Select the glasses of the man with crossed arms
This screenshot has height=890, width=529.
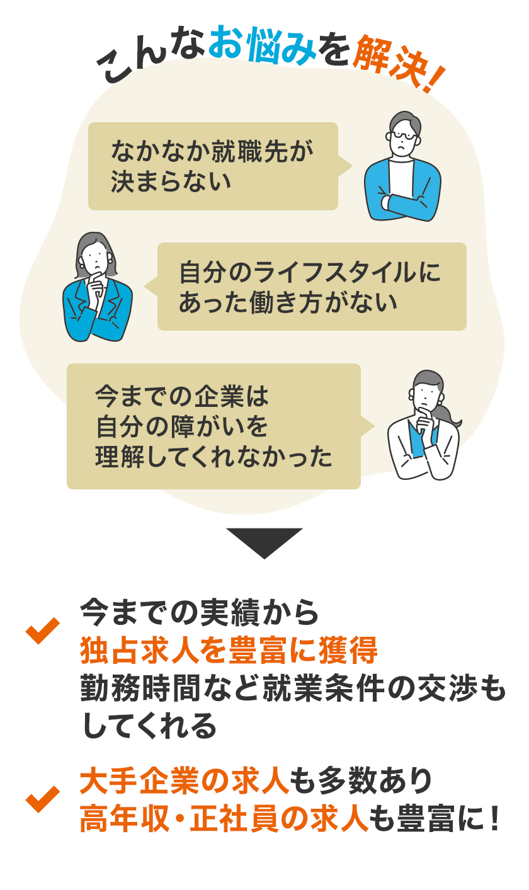(402, 135)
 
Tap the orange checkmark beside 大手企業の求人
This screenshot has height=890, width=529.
(42, 798)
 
